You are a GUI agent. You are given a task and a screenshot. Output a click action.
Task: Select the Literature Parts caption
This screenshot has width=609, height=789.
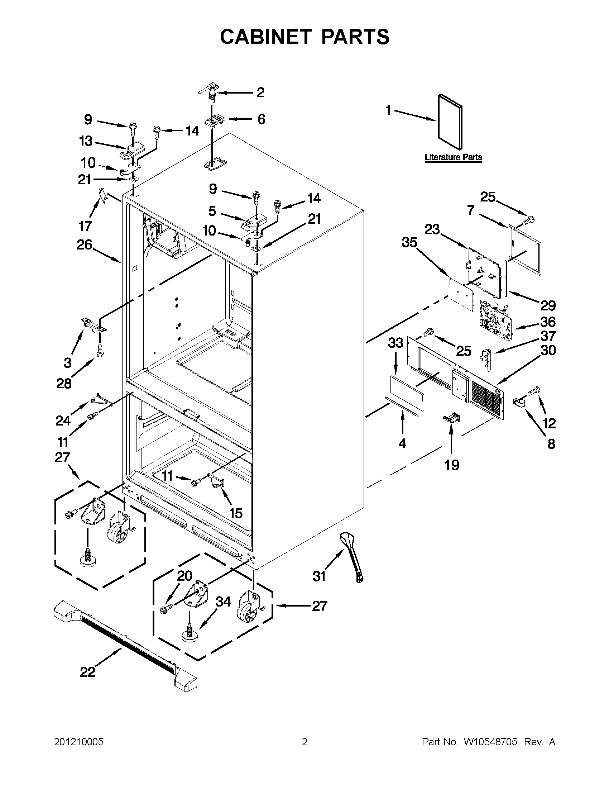[x=453, y=157]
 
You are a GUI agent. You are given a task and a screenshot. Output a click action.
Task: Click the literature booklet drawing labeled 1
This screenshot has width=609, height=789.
[x=450, y=123]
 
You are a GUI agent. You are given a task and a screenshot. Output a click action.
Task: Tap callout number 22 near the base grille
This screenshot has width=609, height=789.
[x=87, y=672]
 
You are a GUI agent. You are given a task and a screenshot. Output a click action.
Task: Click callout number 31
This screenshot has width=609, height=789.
[x=319, y=576]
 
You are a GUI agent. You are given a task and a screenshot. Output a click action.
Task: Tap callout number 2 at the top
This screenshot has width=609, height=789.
[x=261, y=92]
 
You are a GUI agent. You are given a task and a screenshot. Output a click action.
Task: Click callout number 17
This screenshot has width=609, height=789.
[x=85, y=226]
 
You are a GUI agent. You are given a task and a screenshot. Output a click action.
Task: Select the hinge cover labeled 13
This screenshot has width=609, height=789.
[x=132, y=151]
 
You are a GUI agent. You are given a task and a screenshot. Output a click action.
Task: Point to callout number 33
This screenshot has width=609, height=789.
[x=395, y=342]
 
